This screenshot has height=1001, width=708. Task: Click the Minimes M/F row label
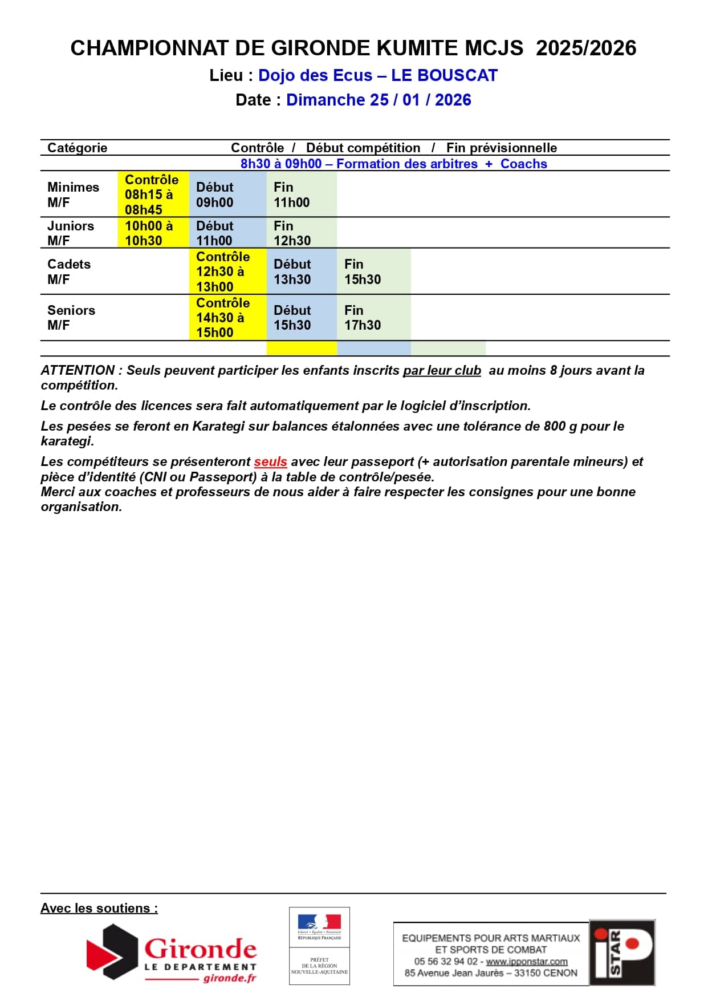73,194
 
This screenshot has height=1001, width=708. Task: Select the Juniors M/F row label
71,233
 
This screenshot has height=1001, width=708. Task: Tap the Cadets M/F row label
69,271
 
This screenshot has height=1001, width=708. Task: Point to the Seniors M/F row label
71,318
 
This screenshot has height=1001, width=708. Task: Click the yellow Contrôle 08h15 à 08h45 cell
152,194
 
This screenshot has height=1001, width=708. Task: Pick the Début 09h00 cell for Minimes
215,194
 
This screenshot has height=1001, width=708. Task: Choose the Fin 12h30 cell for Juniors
292,233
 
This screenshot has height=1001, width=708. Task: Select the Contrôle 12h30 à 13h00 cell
223,271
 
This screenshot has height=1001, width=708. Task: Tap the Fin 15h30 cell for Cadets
363,271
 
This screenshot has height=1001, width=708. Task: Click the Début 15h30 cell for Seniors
292,318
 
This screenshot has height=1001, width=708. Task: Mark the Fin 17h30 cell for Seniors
363,318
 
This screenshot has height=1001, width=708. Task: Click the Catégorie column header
78,148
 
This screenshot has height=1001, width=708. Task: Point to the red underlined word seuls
270,461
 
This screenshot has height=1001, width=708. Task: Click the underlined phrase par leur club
442,370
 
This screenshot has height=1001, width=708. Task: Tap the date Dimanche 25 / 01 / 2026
379,100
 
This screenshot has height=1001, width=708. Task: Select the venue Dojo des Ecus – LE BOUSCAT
378,75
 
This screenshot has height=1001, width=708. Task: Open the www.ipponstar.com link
527,961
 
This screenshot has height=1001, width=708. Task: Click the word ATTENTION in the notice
78,370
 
